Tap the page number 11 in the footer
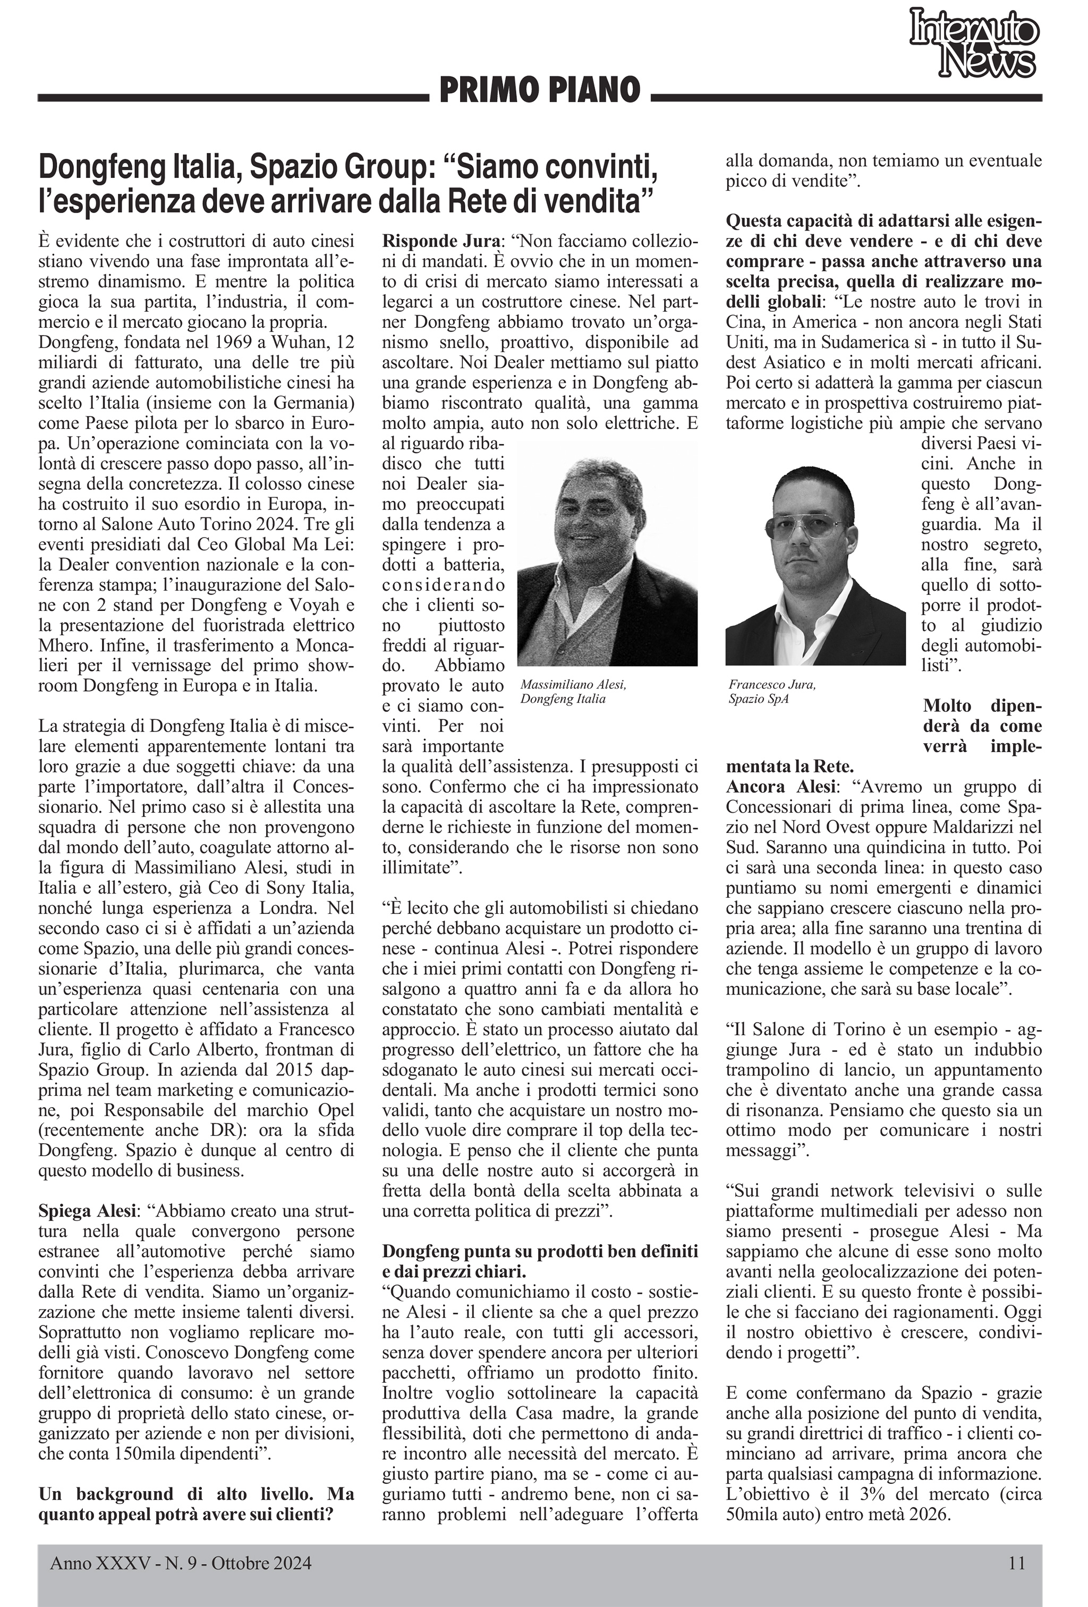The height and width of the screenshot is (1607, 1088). coord(1016,1562)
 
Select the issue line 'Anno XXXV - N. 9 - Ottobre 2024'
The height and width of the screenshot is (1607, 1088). coord(181,1563)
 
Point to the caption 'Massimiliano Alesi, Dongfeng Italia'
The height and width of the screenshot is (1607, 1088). coord(573,692)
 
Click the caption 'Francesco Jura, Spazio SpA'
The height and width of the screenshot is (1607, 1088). coord(772,692)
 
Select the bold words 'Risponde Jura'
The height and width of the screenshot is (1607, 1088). coord(440,241)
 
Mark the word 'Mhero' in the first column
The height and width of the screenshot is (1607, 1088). coord(62,645)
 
